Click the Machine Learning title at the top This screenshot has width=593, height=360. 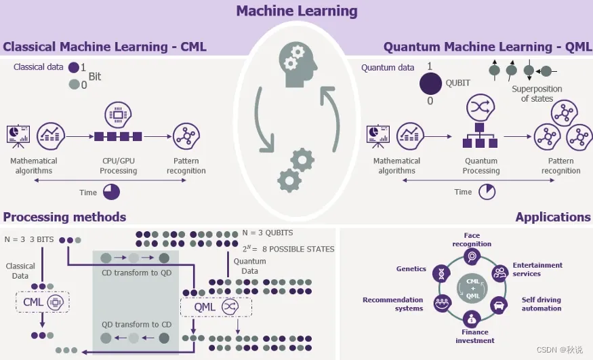click(x=296, y=11)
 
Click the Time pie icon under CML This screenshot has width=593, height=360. click(x=111, y=192)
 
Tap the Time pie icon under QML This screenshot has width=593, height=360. click(x=487, y=192)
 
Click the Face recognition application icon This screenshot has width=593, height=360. click(x=472, y=256)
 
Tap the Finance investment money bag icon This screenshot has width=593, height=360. click(x=472, y=318)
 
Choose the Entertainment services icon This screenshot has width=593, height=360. click(x=500, y=273)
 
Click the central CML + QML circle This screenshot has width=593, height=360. click(x=472, y=287)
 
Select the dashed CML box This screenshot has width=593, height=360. click(x=43, y=301)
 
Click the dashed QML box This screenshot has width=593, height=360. click(x=215, y=306)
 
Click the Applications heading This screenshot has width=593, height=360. click(x=552, y=217)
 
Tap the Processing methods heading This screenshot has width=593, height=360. click(x=64, y=217)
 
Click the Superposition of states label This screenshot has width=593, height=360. click(x=537, y=94)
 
